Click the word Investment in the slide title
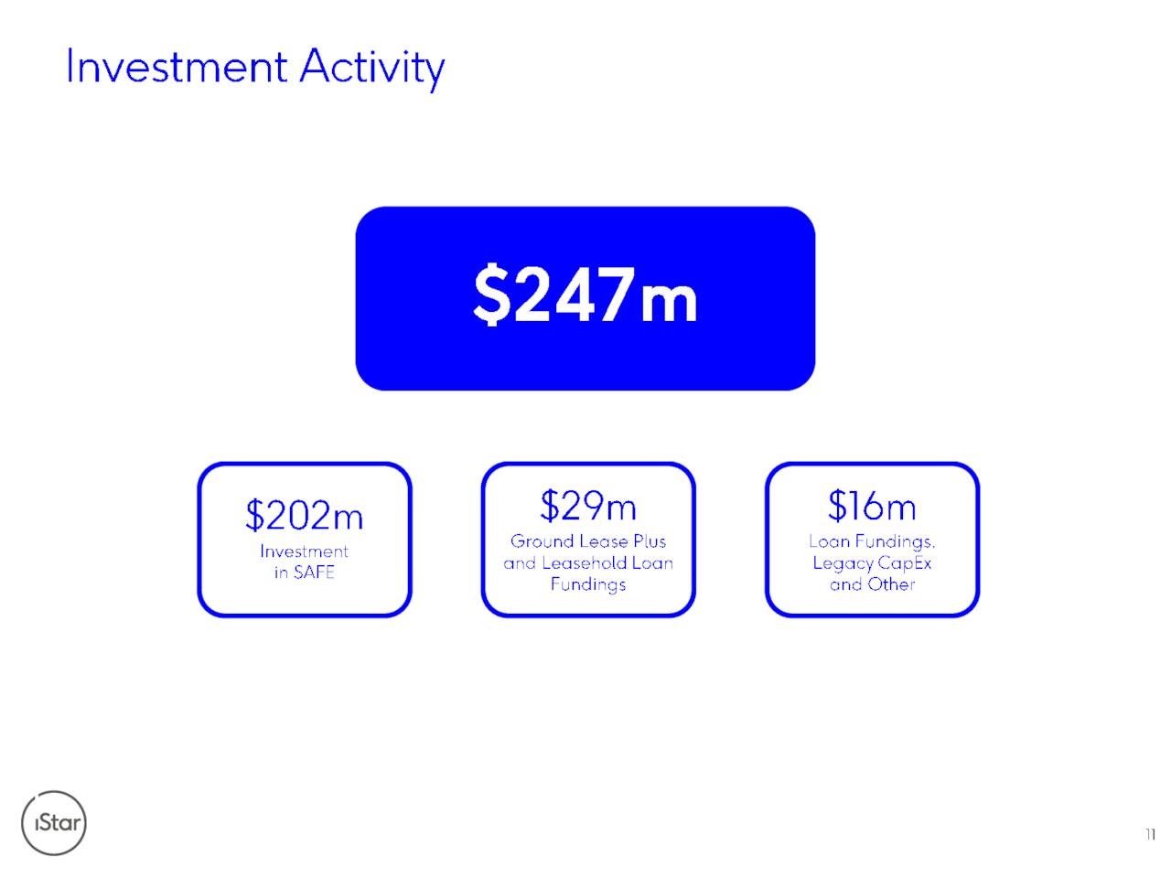(177, 67)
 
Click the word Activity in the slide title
(371, 70)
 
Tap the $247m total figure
(585, 294)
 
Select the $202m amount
(304, 514)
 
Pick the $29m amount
(588, 505)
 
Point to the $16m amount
(872, 505)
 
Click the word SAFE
(314, 572)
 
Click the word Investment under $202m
(304, 551)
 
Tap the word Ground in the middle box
(542, 541)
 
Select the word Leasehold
(585, 562)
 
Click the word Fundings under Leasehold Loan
(588, 584)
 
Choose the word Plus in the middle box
(650, 541)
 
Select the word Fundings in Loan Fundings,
(895, 542)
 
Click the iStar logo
(53, 822)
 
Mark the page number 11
(1150, 834)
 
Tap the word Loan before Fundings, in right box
(829, 541)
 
